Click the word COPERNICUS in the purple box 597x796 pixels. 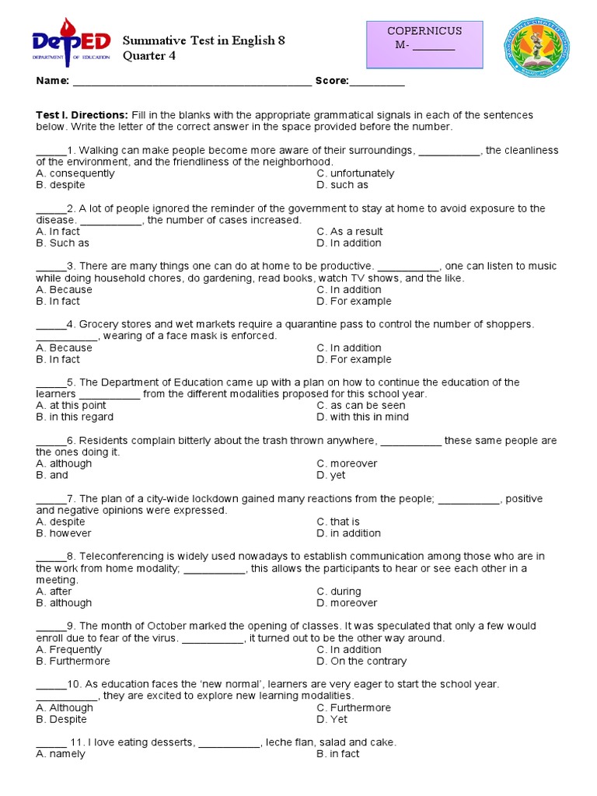(424, 31)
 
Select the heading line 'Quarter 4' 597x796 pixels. (148, 55)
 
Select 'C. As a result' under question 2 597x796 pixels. (349, 232)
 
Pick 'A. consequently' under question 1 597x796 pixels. (75, 173)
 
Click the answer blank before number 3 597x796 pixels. (51, 266)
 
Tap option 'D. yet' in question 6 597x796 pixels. (331, 475)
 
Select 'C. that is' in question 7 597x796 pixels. (338, 522)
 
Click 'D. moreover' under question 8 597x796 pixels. (347, 602)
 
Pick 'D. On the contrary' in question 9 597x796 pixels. (361, 661)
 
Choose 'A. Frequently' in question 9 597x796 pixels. (69, 649)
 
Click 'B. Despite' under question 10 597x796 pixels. (61, 719)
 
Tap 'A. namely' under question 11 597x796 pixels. (61, 754)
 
